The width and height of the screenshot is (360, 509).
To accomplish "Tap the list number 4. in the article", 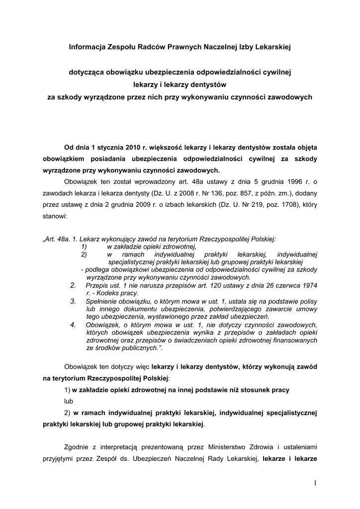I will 73,325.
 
